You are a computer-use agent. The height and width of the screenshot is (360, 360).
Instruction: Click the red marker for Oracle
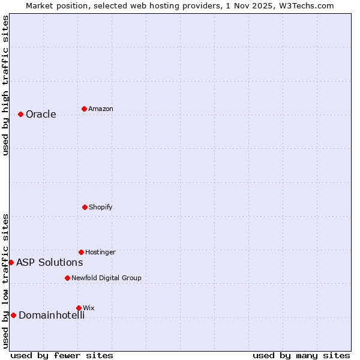pyautogui.click(x=20, y=114)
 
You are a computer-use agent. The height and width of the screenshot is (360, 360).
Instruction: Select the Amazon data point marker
pyautogui.click(x=84, y=109)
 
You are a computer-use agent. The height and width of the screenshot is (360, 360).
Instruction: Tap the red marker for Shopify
pyautogui.click(x=85, y=207)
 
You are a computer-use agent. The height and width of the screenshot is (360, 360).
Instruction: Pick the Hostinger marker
pyautogui.click(x=81, y=252)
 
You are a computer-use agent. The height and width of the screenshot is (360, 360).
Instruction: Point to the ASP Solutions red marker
pyautogui.click(x=11, y=262)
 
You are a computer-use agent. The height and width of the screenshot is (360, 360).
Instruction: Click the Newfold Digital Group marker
pyautogui.click(x=67, y=278)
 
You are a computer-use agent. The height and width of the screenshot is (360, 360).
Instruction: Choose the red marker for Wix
pyautogui.click(x=79, y=308)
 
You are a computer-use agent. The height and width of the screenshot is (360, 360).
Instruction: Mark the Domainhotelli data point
pyautogui.click(x=13, y=315)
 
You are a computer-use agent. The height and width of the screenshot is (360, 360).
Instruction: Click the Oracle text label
pyautogui.click(x=41, y=115)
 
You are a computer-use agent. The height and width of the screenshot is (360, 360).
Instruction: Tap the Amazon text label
pyautogui.click(x=101, y=109)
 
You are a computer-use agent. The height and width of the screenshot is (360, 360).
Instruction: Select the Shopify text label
pyautogui.click(x=101, y=208)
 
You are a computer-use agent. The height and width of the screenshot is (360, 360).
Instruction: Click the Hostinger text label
pyautogui.click(x=100, y=253)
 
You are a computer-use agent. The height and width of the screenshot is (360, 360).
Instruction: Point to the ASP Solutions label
pyautogui.click(x=50, y=263)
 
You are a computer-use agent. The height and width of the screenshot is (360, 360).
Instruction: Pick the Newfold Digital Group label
pyautogui.click(x=106, y=278)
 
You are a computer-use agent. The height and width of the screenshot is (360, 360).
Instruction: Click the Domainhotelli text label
pyautogui.click(x=52, y=316)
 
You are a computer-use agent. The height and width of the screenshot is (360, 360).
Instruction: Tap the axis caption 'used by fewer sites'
pyautogui.click(x=62, y=355)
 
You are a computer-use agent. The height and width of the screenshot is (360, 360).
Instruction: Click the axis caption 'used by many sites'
pyautogui.click(x=301, y=355)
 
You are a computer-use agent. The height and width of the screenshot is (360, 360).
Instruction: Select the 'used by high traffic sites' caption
pyautogui.click(x=5, y=86)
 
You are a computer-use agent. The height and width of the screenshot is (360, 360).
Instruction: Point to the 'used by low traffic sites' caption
pyautogui.click(x=5, y=281)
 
